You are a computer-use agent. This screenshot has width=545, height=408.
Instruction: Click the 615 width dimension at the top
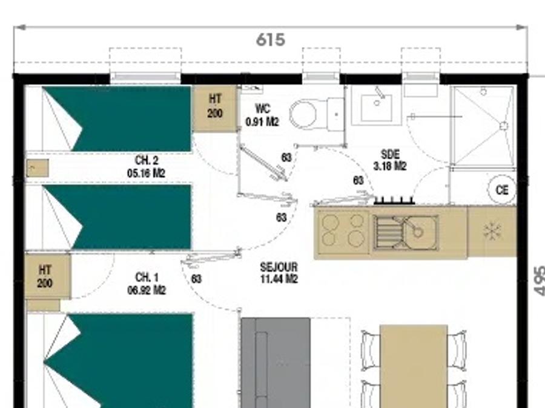point(271,39)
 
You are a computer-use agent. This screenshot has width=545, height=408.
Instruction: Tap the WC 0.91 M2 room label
point(262,115)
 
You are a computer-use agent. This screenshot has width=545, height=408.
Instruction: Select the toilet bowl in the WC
point(303,114)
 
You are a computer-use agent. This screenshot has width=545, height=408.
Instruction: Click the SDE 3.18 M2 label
point(390,160)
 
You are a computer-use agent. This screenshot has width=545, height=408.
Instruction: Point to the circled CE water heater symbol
point(502,190)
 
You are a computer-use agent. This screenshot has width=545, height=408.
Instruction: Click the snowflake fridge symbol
point(492,232)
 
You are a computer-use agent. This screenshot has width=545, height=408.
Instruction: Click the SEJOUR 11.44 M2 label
point(279,273)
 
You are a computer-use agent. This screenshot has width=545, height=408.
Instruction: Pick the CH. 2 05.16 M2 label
point(146,167)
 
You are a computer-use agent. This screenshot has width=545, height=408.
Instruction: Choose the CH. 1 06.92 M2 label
point(147,283)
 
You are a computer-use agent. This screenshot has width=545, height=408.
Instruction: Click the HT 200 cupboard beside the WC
point(215,108)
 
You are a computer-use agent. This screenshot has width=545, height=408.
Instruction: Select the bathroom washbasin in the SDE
point(377,107)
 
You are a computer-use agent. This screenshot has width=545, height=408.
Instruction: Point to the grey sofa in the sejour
point(276,363)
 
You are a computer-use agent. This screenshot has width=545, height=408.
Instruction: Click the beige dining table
point(414,366)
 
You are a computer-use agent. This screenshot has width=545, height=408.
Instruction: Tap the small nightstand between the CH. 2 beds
point(37,168)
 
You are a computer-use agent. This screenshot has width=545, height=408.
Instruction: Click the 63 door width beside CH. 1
point(196,279)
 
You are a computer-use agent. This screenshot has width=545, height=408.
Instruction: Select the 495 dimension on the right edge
point(539,281)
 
